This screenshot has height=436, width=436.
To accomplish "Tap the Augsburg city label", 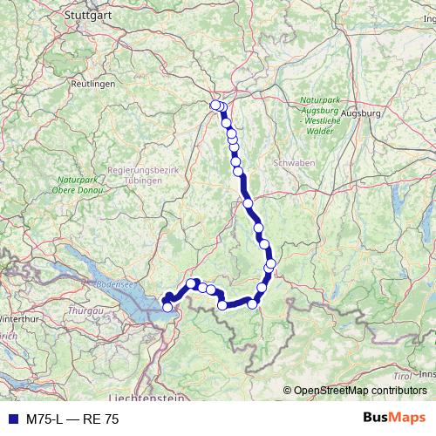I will click(363, 113).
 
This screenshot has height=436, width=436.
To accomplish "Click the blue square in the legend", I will click(11, 419).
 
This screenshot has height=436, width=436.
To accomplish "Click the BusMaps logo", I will click(394, 419).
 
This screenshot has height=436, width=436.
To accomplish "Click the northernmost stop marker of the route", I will click(215, 106).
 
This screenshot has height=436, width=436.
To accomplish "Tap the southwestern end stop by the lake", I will click(167, 307).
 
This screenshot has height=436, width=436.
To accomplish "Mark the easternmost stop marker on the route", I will click(271, 262).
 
